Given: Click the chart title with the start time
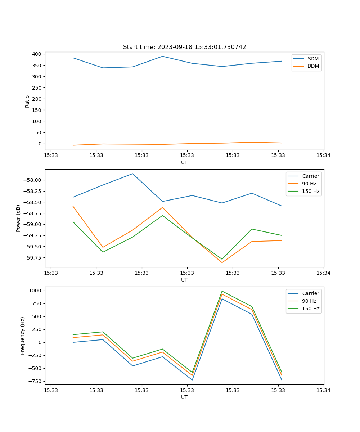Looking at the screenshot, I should click(184, 47).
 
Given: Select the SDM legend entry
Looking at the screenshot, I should click(313, 59).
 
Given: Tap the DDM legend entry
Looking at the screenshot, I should click(313, 66).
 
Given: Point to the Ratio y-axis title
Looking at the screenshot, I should click(27, 101).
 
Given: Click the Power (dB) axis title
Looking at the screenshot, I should click(18, 218).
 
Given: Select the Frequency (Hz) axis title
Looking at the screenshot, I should click(23, 336).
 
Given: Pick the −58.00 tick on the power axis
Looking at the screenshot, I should click(33, 180).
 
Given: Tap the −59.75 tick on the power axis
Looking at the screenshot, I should click(33, 258).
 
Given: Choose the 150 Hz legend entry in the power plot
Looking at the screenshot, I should click(311, 191).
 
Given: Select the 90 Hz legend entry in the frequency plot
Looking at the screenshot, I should click(309, 301).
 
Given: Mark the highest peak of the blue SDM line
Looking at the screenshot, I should click(162, 56).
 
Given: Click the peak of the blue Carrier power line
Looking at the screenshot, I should click(132, 174).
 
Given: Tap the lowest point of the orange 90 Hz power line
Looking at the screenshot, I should click(222, 262).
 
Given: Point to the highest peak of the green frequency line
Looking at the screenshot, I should click(222, 291).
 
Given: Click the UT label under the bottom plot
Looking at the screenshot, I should click(184, 397).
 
